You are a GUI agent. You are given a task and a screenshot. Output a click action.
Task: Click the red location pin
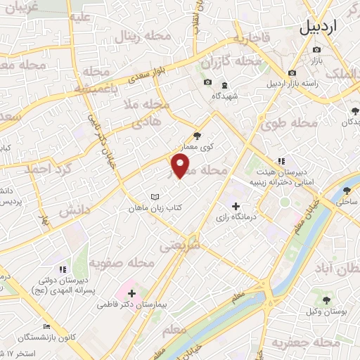[x=181, y=166]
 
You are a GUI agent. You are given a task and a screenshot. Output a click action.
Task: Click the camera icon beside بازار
[x=316, y=49]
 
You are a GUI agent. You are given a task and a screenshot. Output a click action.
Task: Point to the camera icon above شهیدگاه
[x=207, y=83]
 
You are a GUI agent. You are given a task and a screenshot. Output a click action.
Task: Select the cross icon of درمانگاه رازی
[x=236, y=206]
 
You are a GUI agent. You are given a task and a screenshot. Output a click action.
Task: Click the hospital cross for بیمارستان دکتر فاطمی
[x=132, y=292]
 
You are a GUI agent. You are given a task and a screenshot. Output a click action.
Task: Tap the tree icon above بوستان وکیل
[x=325, y=297]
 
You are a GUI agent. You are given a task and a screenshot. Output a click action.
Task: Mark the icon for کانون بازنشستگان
[x=46, y=327]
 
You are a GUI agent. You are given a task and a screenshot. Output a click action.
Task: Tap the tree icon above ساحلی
[x=346, y=190]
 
